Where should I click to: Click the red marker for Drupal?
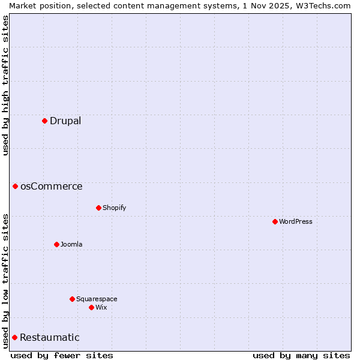click(x=44, y=121)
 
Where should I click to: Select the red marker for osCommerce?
click(x=15, y=186)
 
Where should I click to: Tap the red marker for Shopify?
click(x=98, y=208)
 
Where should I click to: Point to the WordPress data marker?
click(x=275, y=221)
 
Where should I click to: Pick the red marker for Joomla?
click(x=56, y=244)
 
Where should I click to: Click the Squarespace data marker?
click(x=72, y=299)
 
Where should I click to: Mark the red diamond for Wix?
click(x=91, y=307)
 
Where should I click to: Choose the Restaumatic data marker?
click(x=14, y=337)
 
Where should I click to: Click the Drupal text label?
click(x=65, y=121)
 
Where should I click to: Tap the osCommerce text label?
click(x=52, y=186)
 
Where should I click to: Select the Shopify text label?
click(x=115, y=208)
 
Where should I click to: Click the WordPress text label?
click(x=296, y=221)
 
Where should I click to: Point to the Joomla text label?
click(x=71, y=244)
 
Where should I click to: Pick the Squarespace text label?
click(x=97, y=299)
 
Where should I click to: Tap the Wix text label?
click(x=101, y=307)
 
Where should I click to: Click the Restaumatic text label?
click(x=50, y=337)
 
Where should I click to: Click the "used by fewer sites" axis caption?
click(x=62, y=355)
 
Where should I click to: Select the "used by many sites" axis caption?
click(x=301, y=355)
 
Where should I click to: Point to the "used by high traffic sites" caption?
click(x=6, y=85)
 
